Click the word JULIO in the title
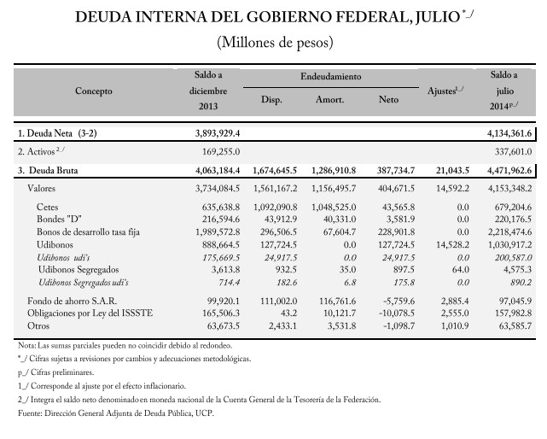tap(438, 17)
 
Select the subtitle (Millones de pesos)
tap(275, 42)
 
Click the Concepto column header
tap(94, 91)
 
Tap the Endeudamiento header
tap(331, 77)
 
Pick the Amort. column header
tap(329, 100)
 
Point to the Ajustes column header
tap(445, 91)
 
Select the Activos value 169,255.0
tap(221, 152)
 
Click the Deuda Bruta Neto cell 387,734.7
tap(396, 171)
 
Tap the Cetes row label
tap(48, 207)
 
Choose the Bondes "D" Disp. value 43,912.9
tap(279, 219)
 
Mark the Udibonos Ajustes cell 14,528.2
tap(452, 244)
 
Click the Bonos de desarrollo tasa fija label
tap(88, 232)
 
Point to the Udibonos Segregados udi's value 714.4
tap(229, 282)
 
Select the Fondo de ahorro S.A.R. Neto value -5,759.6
tap(397, 301)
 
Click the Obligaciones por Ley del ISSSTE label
tap(90, 313)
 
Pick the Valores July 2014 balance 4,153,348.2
tap(509, 189)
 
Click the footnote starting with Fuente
tap(116, 413)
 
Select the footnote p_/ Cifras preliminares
tap(56, 372)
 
